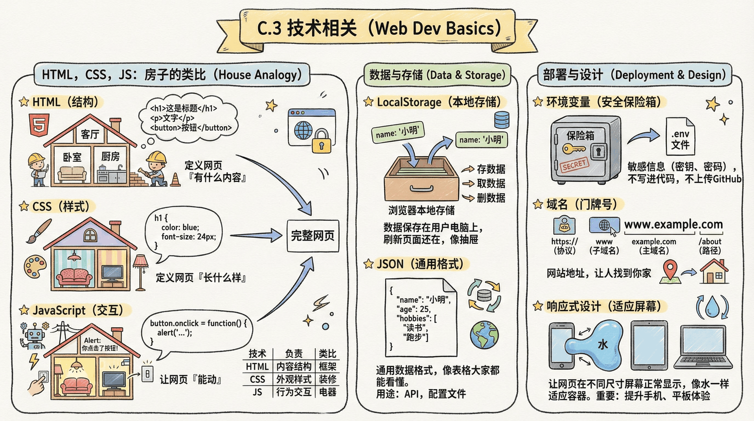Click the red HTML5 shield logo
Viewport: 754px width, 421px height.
[39, 125]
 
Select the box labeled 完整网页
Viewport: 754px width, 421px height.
[313, 235]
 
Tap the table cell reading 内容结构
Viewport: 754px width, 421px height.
[294, 366]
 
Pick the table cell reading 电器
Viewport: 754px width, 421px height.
[328, 392]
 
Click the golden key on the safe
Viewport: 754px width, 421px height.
[574, 149]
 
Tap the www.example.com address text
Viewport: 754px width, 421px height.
[673, 225]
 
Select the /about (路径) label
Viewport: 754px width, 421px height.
[710, 246]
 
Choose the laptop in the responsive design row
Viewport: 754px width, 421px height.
[703, 347]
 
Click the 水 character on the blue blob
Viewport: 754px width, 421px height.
[603, 345]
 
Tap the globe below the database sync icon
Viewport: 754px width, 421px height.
[484, 334]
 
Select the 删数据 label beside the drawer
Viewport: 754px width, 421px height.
[491, 198]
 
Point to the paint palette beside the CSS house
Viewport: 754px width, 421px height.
[35, 267]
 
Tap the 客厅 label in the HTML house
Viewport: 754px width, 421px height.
[90, 135]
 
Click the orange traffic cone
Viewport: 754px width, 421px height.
[175, 179]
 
